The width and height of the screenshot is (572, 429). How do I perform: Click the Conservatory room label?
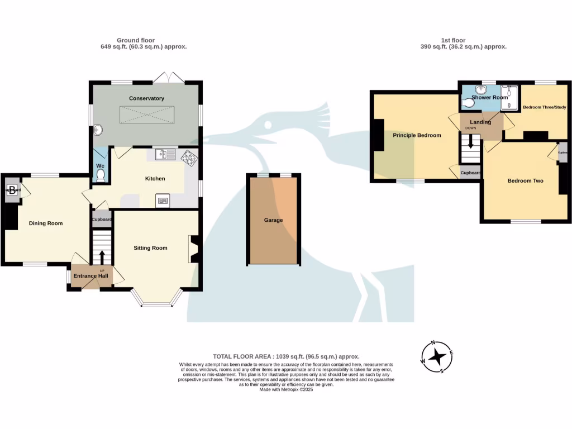tap(146, 98)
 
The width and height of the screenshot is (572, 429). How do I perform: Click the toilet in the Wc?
tap(101, 175)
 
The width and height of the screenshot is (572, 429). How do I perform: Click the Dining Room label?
tap(46, 223)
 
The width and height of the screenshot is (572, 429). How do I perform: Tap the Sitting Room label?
tap(150, 248)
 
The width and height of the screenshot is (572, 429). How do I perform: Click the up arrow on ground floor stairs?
tap(102, 258)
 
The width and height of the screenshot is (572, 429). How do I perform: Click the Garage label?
tap(274, 220)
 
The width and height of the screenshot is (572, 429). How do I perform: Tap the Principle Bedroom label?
tap(417, 135)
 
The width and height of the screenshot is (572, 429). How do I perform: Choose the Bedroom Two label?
tap(525, 181)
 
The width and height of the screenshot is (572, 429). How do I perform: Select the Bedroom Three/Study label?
tap(544, 107)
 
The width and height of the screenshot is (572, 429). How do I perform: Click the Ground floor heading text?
tap(136, 40)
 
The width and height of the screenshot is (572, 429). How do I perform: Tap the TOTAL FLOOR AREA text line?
tap(286, 356)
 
